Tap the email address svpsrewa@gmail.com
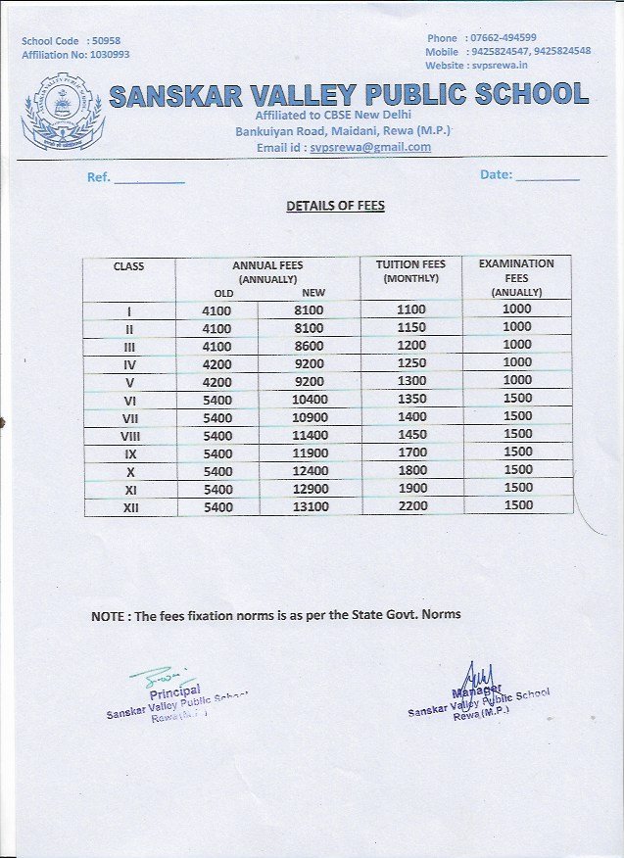click(x=370, y=147)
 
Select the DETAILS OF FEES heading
click(x=335, y=207)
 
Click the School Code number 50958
click(x=104, y=42)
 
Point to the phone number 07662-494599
click(x=504, y=37)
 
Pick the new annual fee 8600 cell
click(x=310, y=346)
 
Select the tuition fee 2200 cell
click(x=412, y=505)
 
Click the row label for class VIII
click(x=129, y=436)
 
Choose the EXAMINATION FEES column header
click(x=516, y=277)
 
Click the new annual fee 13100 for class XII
click(x=310, y=506)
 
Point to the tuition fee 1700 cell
click(x=412, y=453)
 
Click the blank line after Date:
click(x=548, y=177)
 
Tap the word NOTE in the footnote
click(x=109, y=615)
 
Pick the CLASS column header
click(x=128, y=266)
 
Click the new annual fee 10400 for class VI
click(x=310, y=400)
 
